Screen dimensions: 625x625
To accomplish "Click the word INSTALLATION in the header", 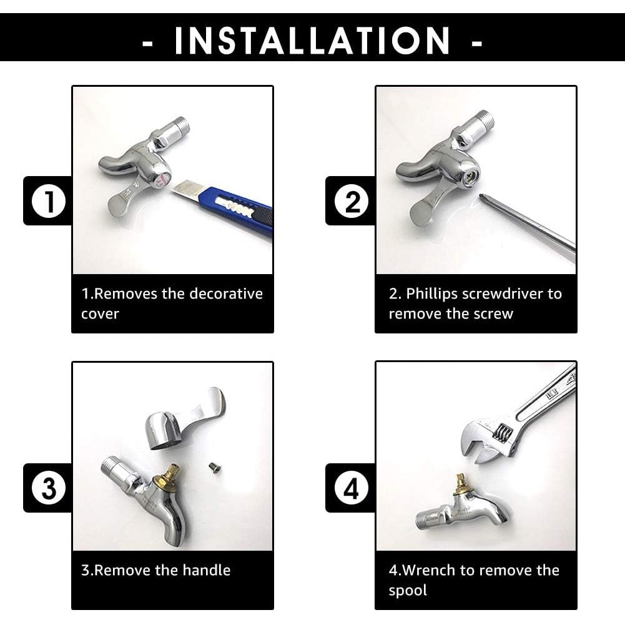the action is pyautogui.click(x=312, y=40).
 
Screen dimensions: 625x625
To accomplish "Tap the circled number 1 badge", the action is pyautogui.click(x=49, y=201).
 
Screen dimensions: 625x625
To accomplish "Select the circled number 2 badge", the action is pyautogui.click(x=351, y=201).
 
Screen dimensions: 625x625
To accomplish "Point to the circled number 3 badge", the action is pyautogui.click(x=49, y=488).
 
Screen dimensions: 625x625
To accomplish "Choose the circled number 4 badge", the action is pyautogui.click(x=351, y=488).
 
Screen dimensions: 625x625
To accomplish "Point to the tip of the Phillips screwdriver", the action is pyautogui.click(x=481, y=195).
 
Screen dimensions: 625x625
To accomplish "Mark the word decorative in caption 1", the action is pyautogui.click(x=226, y=293).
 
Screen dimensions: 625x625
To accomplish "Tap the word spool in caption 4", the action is pyautogui.click(x=408, y=591).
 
